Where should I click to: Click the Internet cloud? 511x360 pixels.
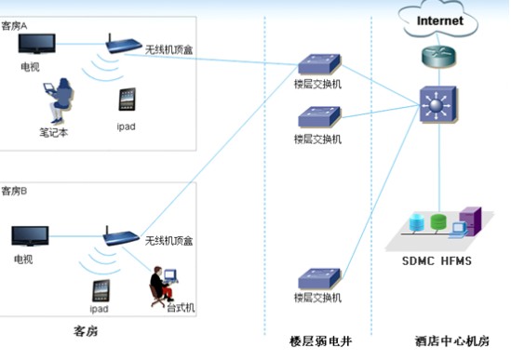[438, 20]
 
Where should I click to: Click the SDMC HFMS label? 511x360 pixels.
[437, 260]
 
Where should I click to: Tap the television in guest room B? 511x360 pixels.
[30, 236]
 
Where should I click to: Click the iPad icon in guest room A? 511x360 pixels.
[128, 100]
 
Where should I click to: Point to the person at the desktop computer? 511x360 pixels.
[161, 283]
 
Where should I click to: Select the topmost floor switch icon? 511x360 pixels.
[317, 65]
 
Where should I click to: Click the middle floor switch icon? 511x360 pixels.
[317, 117]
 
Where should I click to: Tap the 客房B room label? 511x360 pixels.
[15, 192]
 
